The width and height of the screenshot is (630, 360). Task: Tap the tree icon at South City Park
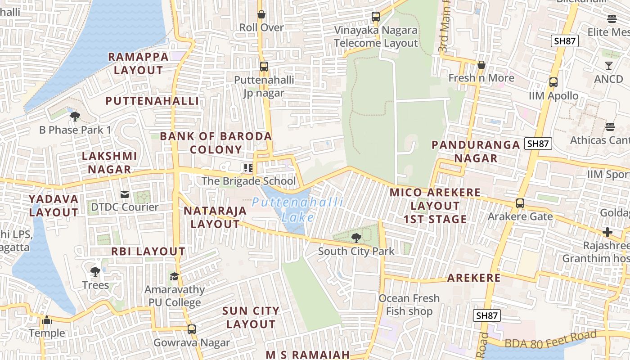click(x=356, y=238)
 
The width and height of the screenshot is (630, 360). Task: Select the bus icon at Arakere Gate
click(x=520, y=203)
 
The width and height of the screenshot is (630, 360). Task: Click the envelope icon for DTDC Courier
click(x=125, y=194)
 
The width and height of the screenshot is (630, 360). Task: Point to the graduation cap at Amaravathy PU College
click(x=174, y=276)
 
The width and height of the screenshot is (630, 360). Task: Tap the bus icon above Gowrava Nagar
click(x=192, y=329)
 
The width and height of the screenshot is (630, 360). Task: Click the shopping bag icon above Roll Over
click(x=261, y=14)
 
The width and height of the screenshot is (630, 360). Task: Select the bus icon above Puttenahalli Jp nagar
click(x=264, y=67)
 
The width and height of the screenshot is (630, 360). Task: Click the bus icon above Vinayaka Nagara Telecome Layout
click(x=376, y=17)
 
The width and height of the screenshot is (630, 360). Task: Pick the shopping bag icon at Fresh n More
click(x=481, y=65)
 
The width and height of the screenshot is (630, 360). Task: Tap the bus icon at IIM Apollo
click(x=553, y=82)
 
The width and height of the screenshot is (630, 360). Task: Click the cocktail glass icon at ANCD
click(x=609, y=66)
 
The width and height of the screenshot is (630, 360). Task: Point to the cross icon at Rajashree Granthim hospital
click(x=607, y=232)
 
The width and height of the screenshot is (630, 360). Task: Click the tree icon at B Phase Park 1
click(x=75, y=117)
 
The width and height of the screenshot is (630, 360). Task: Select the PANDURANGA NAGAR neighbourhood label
click(x=476, y=151)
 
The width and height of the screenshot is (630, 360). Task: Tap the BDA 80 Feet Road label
click(x=551, y=340)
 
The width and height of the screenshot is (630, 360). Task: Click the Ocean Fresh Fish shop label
click(x=409, y=305)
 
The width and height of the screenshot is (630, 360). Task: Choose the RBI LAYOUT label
click(x=148, y=252)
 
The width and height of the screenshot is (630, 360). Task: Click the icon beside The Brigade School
click(x=248, y=168)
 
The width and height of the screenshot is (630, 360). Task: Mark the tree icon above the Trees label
click(x=95, y=272)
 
